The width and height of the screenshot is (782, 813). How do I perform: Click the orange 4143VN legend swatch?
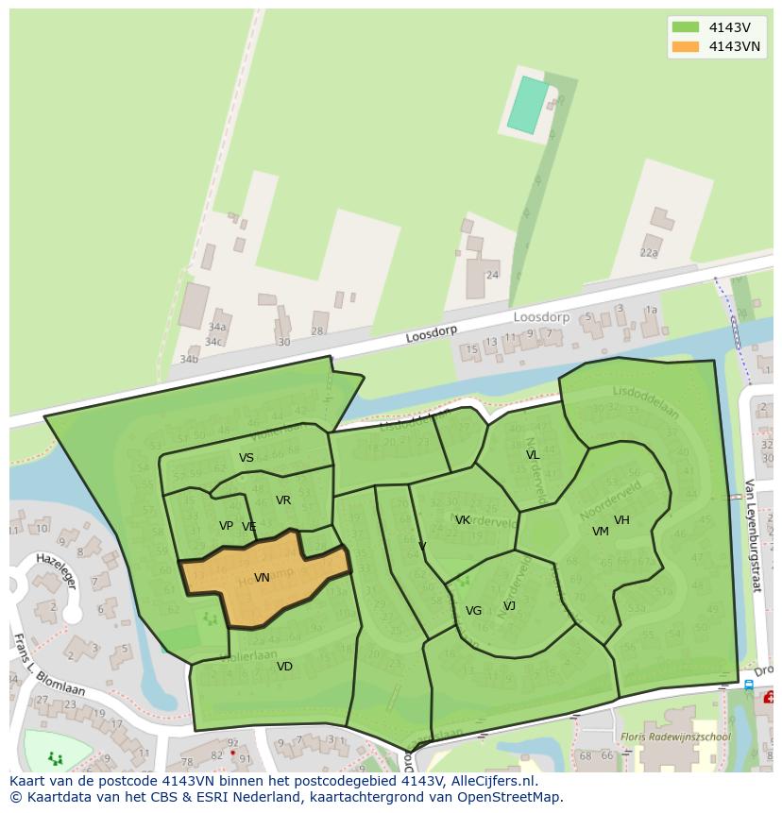click(x=686, y=46)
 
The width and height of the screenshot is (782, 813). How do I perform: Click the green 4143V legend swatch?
click(x=686, y=27)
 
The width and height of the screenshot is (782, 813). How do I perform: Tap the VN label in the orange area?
click(x=262, y=578)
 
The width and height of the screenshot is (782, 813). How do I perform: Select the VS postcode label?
click(x=246, y=458)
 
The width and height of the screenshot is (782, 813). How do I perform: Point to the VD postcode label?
click(x=284, y=667)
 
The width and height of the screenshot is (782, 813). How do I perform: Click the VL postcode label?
click(x=533, y=455)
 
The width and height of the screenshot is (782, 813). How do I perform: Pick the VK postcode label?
click(x=463, y=520)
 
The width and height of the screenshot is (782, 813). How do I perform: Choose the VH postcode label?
click(x=621, y=520)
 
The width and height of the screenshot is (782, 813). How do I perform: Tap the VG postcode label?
click(x=473, y=611)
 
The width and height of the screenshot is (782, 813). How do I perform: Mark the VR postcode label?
click(x=283, y=500)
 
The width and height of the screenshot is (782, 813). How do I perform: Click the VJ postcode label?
click(x=509, y=606)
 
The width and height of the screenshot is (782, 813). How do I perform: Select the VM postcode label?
click(x=601, y=532)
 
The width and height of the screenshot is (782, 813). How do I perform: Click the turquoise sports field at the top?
click(x=528, y=105)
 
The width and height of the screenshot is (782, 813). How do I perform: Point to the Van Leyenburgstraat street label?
click(x=752, y=534)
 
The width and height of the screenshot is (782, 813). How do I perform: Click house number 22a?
click(x=649, y=253)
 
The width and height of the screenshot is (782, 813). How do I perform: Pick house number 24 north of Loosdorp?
click(x=492, y=276)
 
